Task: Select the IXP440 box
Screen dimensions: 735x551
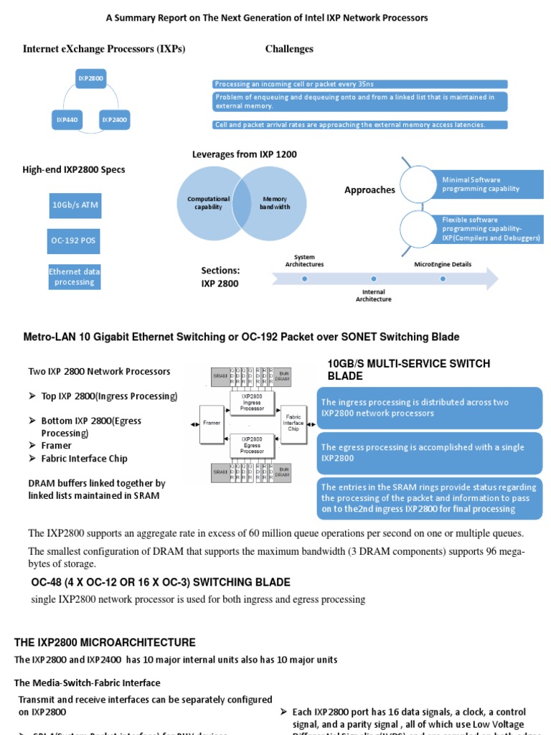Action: tap(67, 120)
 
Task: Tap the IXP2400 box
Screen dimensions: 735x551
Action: tap(114, 120)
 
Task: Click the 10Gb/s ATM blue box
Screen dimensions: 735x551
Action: tap(75, 205)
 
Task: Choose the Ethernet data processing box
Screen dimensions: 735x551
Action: tap(75, 276)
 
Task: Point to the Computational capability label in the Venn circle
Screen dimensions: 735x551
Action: tap(209, 203)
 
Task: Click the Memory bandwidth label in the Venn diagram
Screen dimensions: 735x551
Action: tap(275, 203)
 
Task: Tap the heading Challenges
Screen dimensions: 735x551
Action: tap(289, 49)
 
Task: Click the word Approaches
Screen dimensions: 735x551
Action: tap(369, 190)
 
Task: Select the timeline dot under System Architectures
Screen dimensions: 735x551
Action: tap(305, 278)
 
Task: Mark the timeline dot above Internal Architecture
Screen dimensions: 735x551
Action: tap(373, 278)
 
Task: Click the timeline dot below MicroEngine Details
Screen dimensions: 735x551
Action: tap(443, 278)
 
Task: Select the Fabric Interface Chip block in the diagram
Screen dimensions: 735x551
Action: tap(294, 421)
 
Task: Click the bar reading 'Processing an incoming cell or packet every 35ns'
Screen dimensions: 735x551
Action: tap(360, 84)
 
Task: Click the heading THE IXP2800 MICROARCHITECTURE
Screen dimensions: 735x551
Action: tap(105, 642)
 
